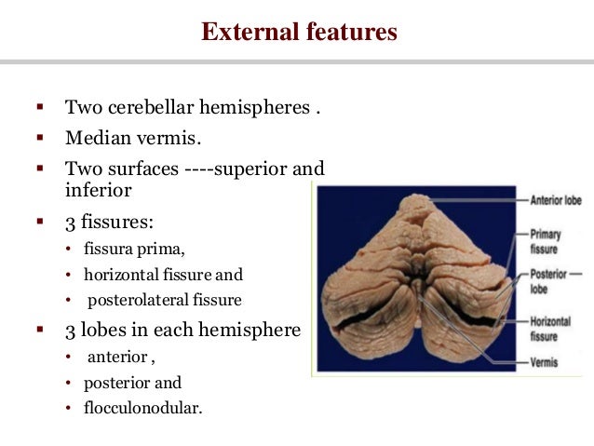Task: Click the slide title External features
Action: pyautogui.click(x=299, y=33)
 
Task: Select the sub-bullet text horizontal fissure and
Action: pyautogui.click(x=163, y=276)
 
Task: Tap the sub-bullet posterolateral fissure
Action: pyautogui.click(x=165, y=300)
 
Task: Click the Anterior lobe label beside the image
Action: pyautogui.click(x=557, y=199)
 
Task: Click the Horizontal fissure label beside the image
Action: pyautogui.click(x=550, y=327)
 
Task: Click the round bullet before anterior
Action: pyautogui.click(x=68, y=358)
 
